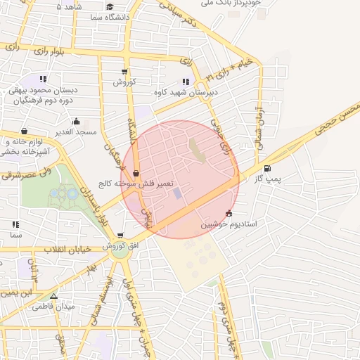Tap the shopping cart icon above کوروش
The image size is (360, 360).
[x=124, y=72]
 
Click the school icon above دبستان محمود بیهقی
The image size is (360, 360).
[x=43, y=79]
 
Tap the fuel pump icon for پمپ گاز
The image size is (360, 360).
[x=267, y=168]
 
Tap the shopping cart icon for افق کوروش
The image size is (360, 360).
[x=120, y=236]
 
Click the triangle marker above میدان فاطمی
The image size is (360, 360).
[x=54, y=295]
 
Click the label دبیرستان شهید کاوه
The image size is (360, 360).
[x=186, y=92]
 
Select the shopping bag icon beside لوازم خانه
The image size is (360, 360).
[x=25, y=131]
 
